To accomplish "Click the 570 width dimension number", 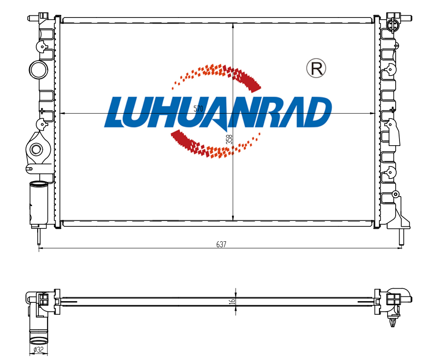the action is [198, 108].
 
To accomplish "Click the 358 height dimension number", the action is [229, 139].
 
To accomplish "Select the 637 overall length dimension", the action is [221, 244].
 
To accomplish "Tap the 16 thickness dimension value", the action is [232, 301].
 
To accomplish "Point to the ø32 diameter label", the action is [38, 350].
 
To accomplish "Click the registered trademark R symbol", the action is [316, 68].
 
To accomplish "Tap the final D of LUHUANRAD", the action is [317, 112].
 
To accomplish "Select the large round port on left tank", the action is [38, 70].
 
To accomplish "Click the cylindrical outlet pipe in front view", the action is [38, 203].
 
